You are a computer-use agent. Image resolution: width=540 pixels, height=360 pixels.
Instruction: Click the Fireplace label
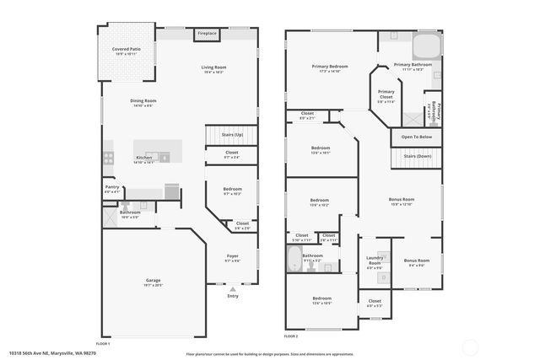[x=207, y=34]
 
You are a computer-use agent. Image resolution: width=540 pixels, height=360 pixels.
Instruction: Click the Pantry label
[x=111, y=188]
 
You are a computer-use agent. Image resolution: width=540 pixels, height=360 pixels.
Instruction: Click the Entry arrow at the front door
[x=233, y=288]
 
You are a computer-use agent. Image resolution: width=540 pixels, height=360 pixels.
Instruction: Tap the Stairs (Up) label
[x=232, y=135]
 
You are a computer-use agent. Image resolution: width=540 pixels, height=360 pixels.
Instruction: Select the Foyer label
[x=232, y=256]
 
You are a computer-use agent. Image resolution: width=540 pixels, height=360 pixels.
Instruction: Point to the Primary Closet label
[x=386, y=93]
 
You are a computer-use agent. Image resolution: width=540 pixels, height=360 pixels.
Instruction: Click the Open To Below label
[x=416, y=137]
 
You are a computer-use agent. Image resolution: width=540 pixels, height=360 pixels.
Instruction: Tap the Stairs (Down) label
[x=417, y=156]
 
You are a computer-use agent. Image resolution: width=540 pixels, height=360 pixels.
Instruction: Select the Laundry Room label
[x=374, y=261]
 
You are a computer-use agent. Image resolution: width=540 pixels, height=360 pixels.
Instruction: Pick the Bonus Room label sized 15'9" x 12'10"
[x=401, y=201]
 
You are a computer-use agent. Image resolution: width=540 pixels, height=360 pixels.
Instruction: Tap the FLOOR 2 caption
[x=291, y=336]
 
